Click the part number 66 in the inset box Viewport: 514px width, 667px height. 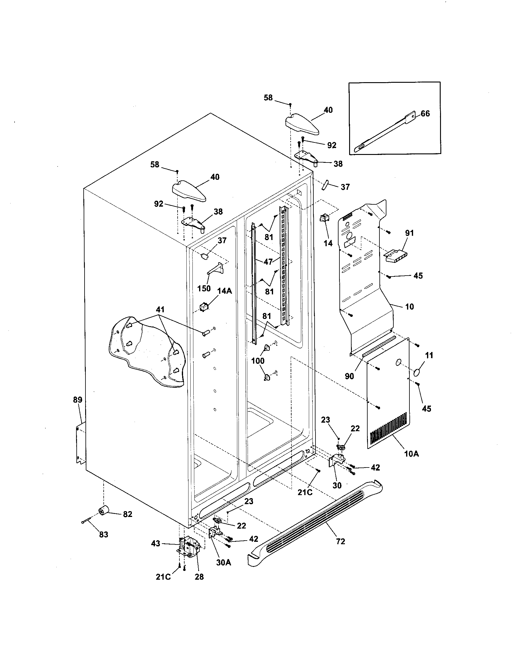(x=425, y=114)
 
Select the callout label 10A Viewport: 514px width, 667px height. (x=411, y=462)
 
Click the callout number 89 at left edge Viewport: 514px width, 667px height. (x=78, y=400)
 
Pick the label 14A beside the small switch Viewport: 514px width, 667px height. (x=224, y=291)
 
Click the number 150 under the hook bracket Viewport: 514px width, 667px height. (x=204, y=288)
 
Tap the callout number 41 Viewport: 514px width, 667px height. (x=160, y=310)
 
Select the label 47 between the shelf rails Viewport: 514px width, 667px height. (x=268, y=261)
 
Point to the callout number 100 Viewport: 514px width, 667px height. (x=258, y=361)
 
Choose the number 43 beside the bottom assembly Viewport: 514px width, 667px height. (x=155, y=544)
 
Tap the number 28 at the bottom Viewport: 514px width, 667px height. (x=199, y=577)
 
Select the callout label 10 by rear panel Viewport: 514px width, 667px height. (x=409, y=307)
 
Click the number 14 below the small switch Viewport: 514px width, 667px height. (x=328, y=243)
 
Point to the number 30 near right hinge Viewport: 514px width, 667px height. (x=337, y=485)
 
